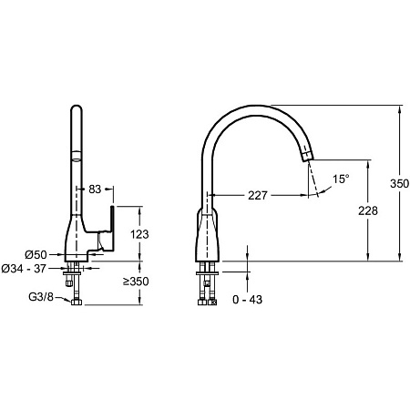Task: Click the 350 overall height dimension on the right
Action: point(399,183)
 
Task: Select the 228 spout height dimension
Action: point(368,210)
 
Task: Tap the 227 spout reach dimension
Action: point(258,195)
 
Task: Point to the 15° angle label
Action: point(341,179)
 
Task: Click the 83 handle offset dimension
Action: point(95,189)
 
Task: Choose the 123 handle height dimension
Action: point(139,234)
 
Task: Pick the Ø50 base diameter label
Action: point(36,254)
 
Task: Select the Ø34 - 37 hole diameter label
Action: point(24,269)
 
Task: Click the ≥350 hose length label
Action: point(136,282)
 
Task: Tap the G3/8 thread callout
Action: point(41,297)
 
